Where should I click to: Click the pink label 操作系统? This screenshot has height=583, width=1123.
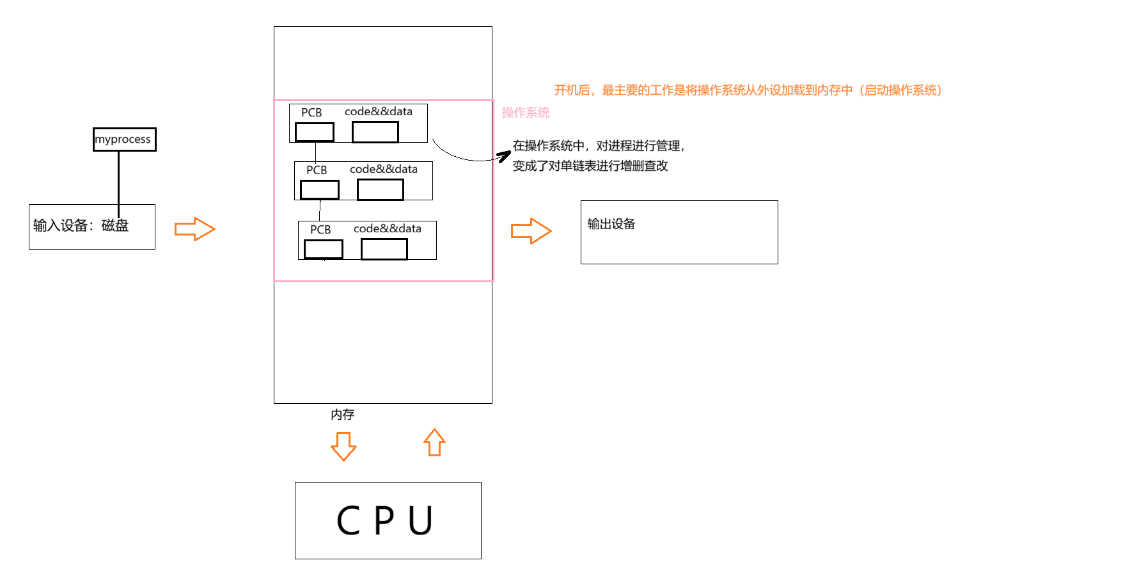pos(525,113)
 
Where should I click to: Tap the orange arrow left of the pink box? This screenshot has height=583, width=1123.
pos(194,229)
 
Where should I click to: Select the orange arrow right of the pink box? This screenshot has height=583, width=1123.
pos(531,231)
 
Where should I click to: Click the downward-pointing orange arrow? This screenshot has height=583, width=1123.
pos(343,446)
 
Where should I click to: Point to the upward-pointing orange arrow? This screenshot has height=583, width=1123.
pos(434,443)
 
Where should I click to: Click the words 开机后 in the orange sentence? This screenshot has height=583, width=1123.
pos(572,90)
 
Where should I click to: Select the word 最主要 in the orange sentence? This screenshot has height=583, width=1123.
pos(620,90)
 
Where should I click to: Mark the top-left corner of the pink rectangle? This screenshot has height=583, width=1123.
pos(274,100)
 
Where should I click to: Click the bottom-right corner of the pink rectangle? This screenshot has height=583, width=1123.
pos(493,280)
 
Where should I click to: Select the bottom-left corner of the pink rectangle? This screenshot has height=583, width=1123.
pos(274,280)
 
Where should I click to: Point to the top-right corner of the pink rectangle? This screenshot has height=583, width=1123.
pos(493,100)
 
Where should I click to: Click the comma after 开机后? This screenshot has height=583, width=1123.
pos(594,93)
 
